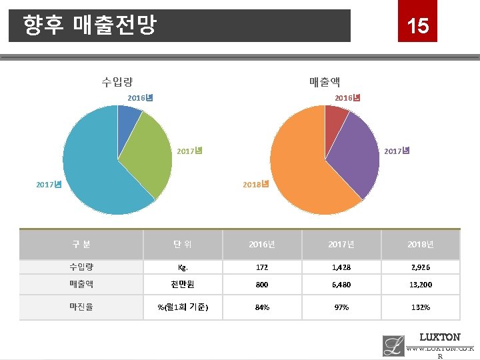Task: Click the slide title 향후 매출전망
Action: pyautogui.click(x=89, y=26)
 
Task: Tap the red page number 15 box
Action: pyautogui.click(x=418, y=25)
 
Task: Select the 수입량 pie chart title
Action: pyautogui.click(x=117, y=82)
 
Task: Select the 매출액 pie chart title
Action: pyautogui.click(x=325, y=82)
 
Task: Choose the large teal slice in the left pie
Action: pyautogui.click(x=93, y=167)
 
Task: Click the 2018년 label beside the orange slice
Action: pyautogui.click(x=256, y=184)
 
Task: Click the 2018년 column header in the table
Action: pyautogui.click(x=420, y=245)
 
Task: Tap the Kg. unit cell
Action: pyautogui.click(x=182, y=266)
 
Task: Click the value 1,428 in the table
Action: pyautogui.click(x=341, y=266)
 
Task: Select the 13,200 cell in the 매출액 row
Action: pyautogui.click(x=420, y=284)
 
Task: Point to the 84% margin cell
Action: pyautogui.click(x=261, y=307)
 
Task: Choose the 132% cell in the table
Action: pyautogui.click(x=420, y=307)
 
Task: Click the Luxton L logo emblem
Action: pyautogui.click(x=393, y=345)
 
